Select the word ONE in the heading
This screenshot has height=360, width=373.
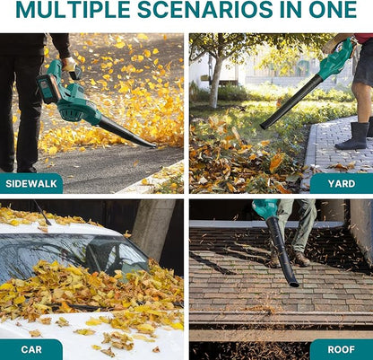coord(333,9)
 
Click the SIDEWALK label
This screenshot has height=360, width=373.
coord(31,183)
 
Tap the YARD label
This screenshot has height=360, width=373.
coord(342,183)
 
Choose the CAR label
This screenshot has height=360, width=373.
coord(31,349)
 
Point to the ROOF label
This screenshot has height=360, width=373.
coord(342,349)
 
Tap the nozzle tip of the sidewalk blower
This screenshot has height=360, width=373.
coord(152,145)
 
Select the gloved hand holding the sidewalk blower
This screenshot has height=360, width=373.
coord(69,64)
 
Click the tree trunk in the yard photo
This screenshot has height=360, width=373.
coord(215,81)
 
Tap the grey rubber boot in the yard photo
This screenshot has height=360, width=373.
coord(353,136)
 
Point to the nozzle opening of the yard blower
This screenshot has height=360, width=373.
coord(264,126)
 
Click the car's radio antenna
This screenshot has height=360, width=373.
coord(42,213)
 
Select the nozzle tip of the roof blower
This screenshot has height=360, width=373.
coord(293,284)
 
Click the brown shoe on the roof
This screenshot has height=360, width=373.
coord(301,259)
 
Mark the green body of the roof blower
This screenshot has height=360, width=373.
coord(265,208)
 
